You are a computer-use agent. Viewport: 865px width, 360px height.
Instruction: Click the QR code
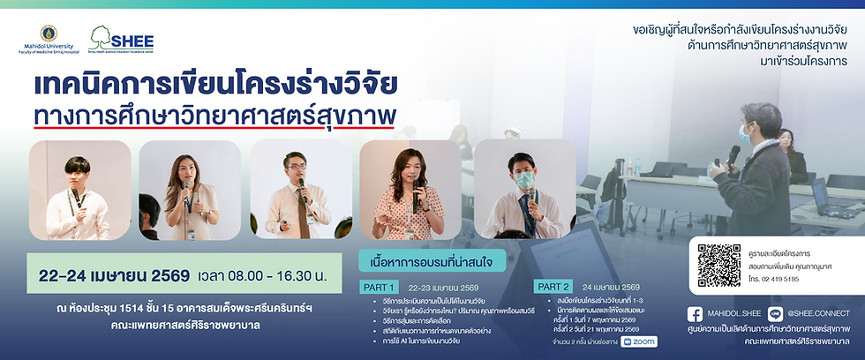tap(715, 266)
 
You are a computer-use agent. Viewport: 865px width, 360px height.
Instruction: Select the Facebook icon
tap(695, 313)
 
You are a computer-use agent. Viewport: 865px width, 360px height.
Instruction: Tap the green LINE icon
tap(775, 313)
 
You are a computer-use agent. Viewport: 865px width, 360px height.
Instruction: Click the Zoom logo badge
tap(639, 341)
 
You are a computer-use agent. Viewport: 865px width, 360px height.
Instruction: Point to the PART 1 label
tap(380, 287)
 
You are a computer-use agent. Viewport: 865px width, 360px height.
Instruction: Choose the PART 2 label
tap(554, 287)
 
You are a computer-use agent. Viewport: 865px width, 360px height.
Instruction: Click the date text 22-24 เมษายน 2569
tap(114, 275)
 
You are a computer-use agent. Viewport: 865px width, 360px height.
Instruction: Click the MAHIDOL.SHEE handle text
tap(734, 314)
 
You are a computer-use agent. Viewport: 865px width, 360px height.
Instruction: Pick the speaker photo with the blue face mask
tap(523, 190)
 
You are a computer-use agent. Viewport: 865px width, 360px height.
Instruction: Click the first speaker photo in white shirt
tap(79, 190)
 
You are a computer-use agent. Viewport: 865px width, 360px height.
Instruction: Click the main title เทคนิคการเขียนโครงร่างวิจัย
tap(214, 86)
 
